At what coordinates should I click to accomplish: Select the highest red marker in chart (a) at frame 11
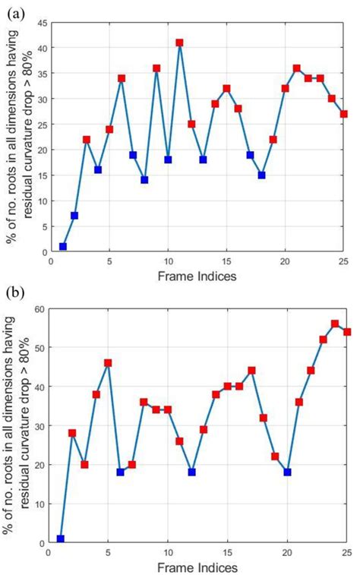pyautogui.click(x=180, y=43)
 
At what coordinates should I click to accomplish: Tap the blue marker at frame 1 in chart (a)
pyautogui.click(x=63, y=246)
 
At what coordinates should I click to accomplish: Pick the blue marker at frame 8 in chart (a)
pyautogui.click(x=144, y=180)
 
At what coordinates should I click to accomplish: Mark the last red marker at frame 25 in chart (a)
pyautogui.click(x=344, y=114)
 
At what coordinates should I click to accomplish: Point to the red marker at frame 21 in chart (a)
pyautogui.click(x=297, y=68)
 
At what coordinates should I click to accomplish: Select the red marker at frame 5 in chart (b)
pyautogui.click(x=108, y=363)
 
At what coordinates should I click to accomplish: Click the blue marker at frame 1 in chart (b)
pyautogui.click(x=61, y=539)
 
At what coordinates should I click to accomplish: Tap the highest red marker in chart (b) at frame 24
pyautogui.click(x=335, y=324)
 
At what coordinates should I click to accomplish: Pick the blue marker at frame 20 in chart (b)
pyautogui.click(x=288, y=472)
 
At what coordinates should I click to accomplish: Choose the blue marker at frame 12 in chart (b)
pyautogui.click(x=191, y=472)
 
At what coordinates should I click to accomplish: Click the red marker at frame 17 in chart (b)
pyautogui.click(x=251, y=371)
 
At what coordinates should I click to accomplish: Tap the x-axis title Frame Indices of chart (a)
pyautogui.click(x=197, y=276)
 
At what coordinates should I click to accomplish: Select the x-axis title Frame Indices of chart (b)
pyautogui.click(x=197, y=567)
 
